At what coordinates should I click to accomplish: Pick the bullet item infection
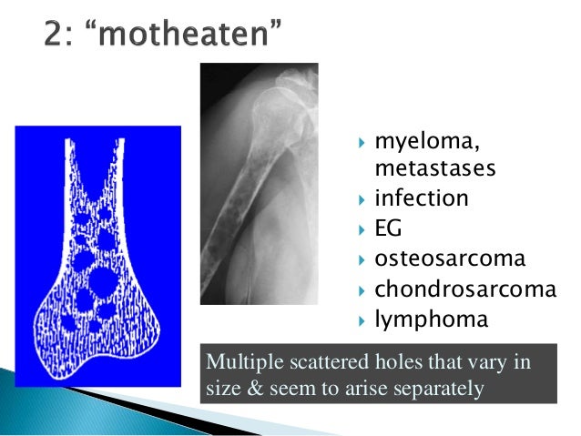422,198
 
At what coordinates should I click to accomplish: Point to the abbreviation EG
388,228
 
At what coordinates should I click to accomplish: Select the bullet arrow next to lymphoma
362,320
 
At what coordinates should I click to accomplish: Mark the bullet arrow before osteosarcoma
362,259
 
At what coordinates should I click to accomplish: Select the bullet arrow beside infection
362,199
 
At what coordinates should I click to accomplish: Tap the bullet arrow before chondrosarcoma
362,290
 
